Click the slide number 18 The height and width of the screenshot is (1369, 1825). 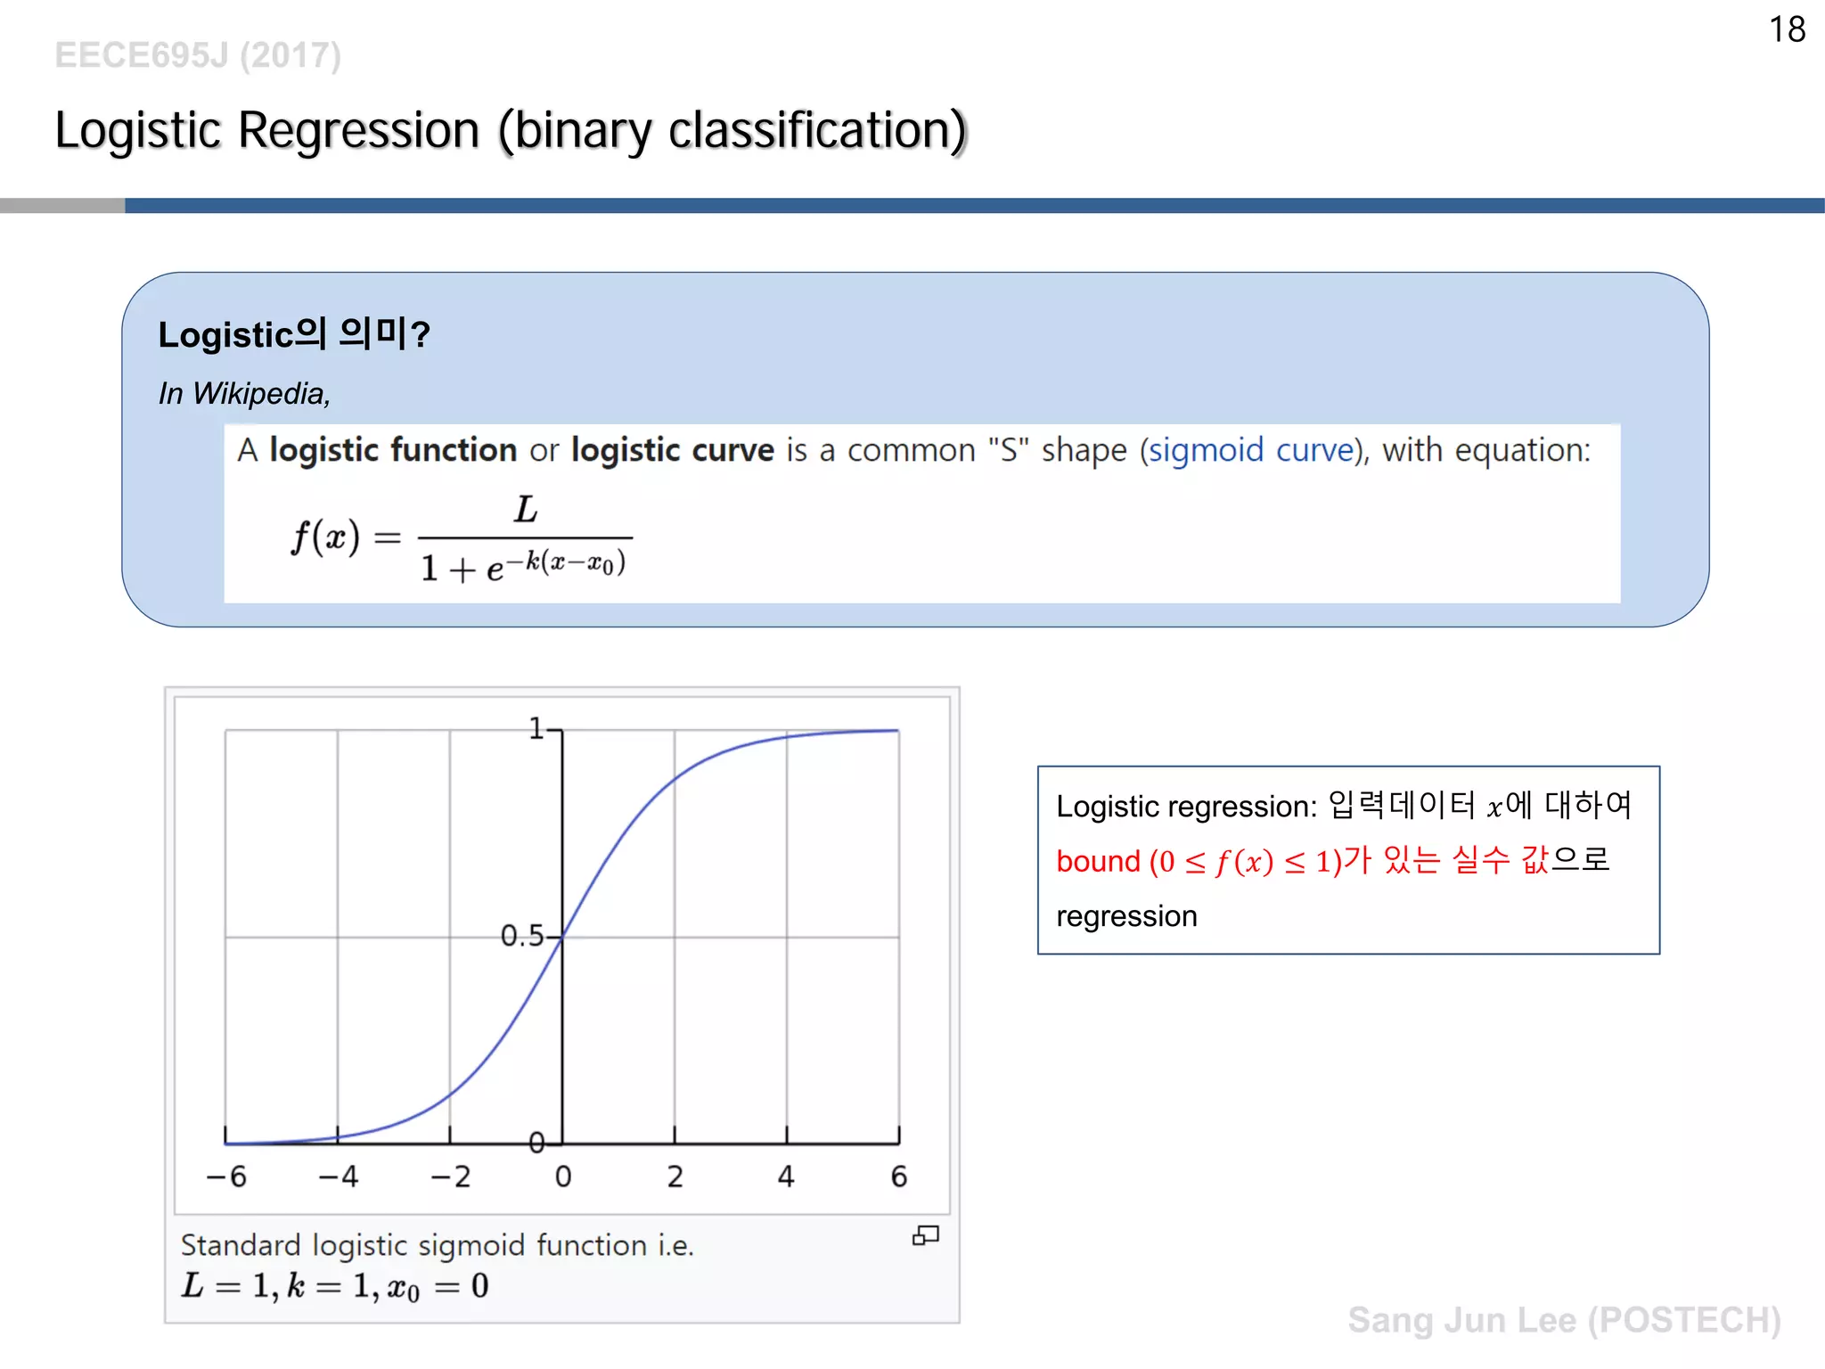point(1787,29)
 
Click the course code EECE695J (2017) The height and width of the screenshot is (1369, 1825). point(198,55)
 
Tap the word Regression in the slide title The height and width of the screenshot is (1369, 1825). point(358,130)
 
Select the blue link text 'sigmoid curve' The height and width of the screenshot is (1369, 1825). point(1250,450)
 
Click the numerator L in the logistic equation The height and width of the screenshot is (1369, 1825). point(526,510)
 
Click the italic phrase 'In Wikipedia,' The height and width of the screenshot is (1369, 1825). point(244,393)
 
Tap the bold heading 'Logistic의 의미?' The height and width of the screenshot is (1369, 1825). point(294,334)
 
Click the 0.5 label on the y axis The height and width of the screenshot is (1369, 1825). point(521,936)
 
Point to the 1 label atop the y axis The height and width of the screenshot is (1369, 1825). point(536,729)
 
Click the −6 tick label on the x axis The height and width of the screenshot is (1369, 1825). point(226,1176)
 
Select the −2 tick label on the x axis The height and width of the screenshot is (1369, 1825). point(451,1176)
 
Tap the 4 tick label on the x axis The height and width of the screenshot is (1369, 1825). point(786,1176)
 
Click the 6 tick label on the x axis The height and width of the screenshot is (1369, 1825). point(899,1176)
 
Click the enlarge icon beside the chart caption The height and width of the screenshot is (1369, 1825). point(926,1235)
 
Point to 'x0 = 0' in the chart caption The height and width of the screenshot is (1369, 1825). point(438,1286)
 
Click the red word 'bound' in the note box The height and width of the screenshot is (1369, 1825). point(1098,861)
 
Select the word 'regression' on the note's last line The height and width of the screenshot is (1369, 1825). point(1126,916)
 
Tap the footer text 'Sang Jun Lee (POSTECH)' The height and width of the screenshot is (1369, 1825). point(1564,1320)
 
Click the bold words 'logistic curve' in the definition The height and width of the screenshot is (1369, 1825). point(673,450)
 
